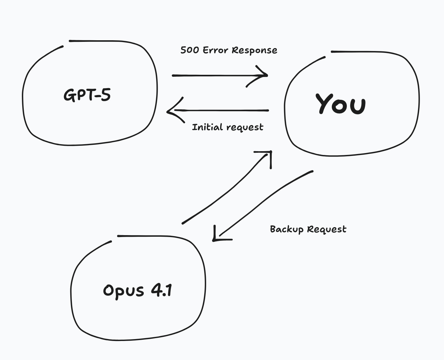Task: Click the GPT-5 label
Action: point(87,95)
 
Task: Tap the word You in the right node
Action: point(341,104)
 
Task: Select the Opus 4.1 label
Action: point(137,290)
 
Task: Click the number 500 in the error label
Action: point(190,50)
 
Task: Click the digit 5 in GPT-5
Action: point(106,95)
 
